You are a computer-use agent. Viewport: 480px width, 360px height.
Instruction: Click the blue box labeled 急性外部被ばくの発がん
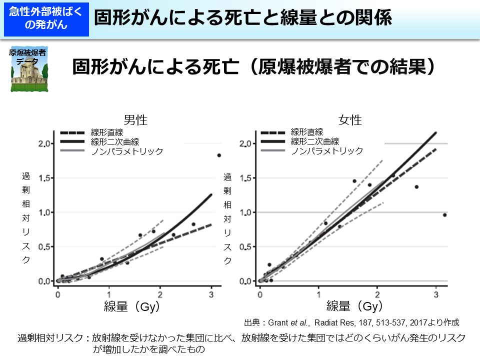point(45,18)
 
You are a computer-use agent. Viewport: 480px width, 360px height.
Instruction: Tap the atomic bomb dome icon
point(29,70)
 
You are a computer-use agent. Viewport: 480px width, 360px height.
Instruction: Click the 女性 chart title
point(350,120)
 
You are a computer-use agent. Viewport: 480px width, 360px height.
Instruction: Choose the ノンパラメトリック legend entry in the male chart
point(127,151)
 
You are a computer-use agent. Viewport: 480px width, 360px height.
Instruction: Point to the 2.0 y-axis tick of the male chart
point(45,144)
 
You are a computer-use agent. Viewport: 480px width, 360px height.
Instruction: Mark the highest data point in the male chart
point(219,155)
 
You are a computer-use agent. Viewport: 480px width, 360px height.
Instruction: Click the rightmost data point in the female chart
point(444,215)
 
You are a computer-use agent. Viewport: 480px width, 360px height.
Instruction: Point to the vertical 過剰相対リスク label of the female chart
point(227,218)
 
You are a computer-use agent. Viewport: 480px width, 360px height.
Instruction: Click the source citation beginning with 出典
point(351,322)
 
